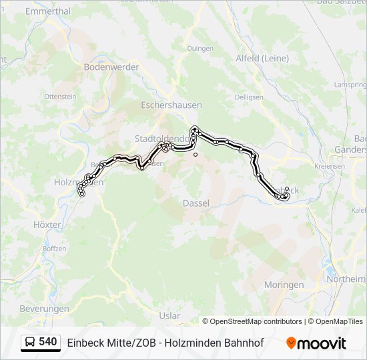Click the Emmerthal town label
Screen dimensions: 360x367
(x=47, y=11)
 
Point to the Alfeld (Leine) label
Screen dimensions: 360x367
(x=262, y=58)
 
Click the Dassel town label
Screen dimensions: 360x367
(x=196, y=203)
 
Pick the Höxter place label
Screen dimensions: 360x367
(x=47, y=225)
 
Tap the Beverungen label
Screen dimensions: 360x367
(x=44, y=309)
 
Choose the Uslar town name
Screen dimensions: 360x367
(x=170, y=315)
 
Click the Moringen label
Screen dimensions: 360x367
(x=283, y=285)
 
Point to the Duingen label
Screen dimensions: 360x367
(x=200, y=48)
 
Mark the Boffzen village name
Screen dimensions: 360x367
(x=54, y=249)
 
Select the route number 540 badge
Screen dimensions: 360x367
(x=47, y=342)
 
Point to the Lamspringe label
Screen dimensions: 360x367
(x=351, y=85)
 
